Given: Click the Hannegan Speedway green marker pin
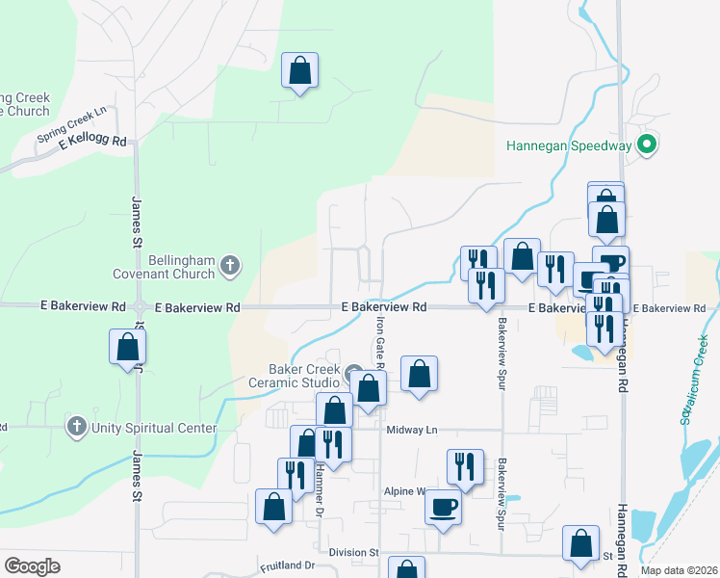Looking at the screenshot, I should (x=648, y=146).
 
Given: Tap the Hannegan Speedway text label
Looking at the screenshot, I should (x=569, y=146).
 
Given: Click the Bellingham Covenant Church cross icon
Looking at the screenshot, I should (x=229, y=265).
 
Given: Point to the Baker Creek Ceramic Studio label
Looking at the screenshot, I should (x=305, y=377).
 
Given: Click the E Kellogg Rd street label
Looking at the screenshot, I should (x=92, y=141).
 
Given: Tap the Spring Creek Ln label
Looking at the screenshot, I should (x=77, y=125).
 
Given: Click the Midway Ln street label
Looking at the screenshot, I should (x=412, y=430).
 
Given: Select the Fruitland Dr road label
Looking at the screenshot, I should (x=287, y=565).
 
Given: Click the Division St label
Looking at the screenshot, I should (x=353, y=553).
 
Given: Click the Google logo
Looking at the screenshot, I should (x=32, y=566).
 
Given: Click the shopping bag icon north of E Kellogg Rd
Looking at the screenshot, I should (x=299, y=70).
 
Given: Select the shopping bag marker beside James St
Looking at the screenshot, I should (x=128, y=348).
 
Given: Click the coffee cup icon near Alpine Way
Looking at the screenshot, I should (x=444, y=506).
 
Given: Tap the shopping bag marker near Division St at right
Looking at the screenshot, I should (x=580, y=543).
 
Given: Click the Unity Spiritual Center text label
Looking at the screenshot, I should (x=154, y=427).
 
